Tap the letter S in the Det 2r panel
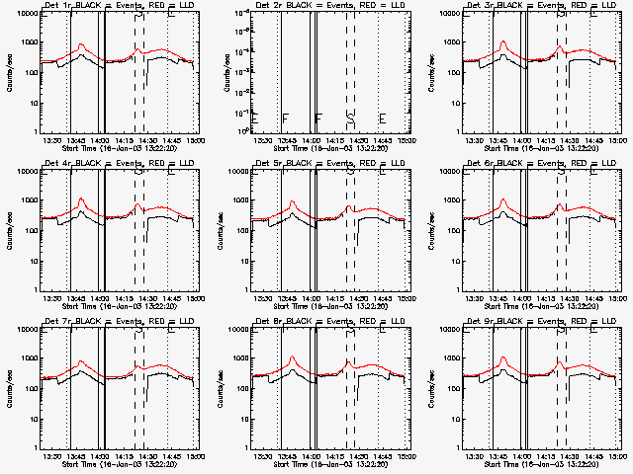point(351,119)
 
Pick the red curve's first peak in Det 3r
point(503,42)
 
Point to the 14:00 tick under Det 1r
point(101,140)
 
